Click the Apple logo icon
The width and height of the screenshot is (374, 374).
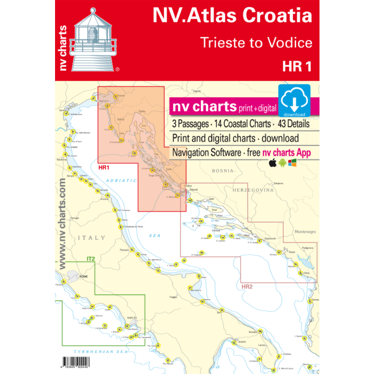[272, 163]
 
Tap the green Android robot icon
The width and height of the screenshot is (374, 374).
[282, 163]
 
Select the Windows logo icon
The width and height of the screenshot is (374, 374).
[292, 162]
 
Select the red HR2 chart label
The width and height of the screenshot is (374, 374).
[246, 287]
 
